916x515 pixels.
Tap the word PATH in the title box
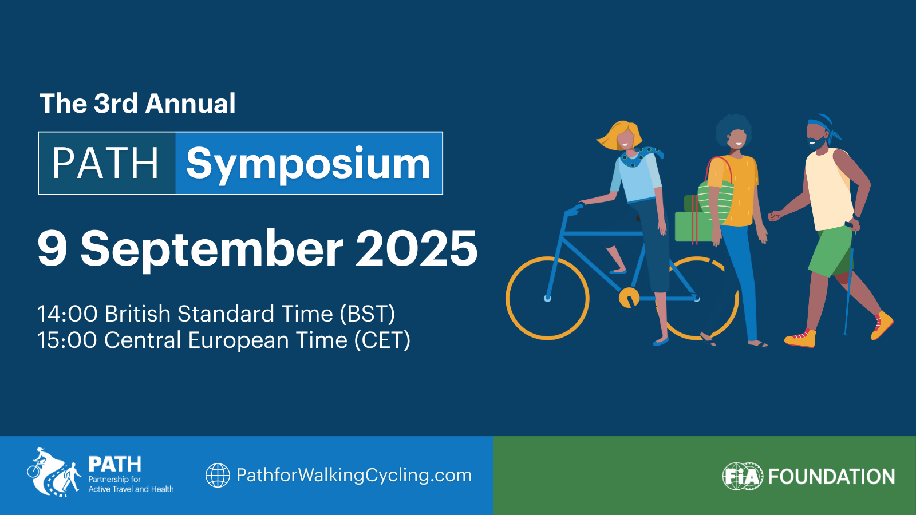tap(105, 164)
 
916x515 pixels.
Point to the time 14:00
tap(68, 314)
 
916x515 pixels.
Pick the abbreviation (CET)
tap(382, 340)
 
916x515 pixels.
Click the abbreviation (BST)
tap(368, 314)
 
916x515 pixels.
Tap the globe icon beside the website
tap(218, 476)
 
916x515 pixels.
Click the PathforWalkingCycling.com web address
tap(354, 476)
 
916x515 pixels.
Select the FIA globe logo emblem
tap(743, 476)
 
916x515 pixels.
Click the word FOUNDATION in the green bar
tap(832, 477)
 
